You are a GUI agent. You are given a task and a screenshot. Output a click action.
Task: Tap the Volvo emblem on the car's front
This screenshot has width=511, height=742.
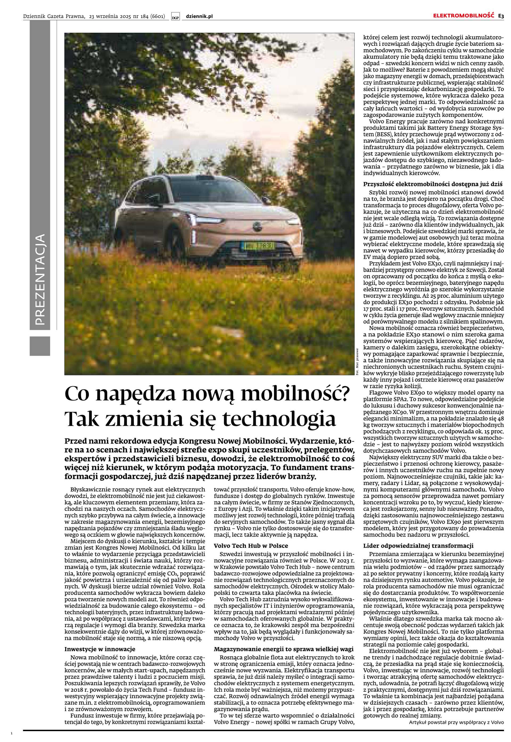256,226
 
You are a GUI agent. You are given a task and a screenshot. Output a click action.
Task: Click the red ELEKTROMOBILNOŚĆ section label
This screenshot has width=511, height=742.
464,16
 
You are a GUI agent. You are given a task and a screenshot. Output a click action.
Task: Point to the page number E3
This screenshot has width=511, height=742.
501,16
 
